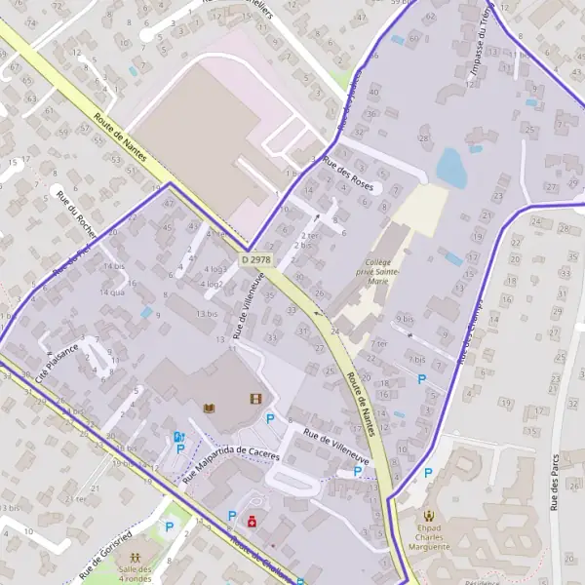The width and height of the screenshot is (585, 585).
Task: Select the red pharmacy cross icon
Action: pos(253,522)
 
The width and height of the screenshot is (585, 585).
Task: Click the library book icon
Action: pos(208,407)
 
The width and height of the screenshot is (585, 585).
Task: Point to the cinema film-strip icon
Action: pos(255,398)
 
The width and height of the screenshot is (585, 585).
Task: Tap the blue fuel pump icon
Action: pos(177,437)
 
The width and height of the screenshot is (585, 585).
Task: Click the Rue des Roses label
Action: pos(349,174)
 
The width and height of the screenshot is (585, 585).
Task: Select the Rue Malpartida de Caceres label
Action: pos(231,467)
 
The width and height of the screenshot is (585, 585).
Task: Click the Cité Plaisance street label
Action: pos(56,366)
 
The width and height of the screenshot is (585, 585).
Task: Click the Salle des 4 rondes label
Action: pos(136,575)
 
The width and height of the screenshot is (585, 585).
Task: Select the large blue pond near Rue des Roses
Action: pos(450,167)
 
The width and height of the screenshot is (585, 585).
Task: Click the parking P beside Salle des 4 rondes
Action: pos(169,527)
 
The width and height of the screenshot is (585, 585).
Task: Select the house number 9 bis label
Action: pos(406,319)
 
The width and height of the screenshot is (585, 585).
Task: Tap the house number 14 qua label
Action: pos(111,292)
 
